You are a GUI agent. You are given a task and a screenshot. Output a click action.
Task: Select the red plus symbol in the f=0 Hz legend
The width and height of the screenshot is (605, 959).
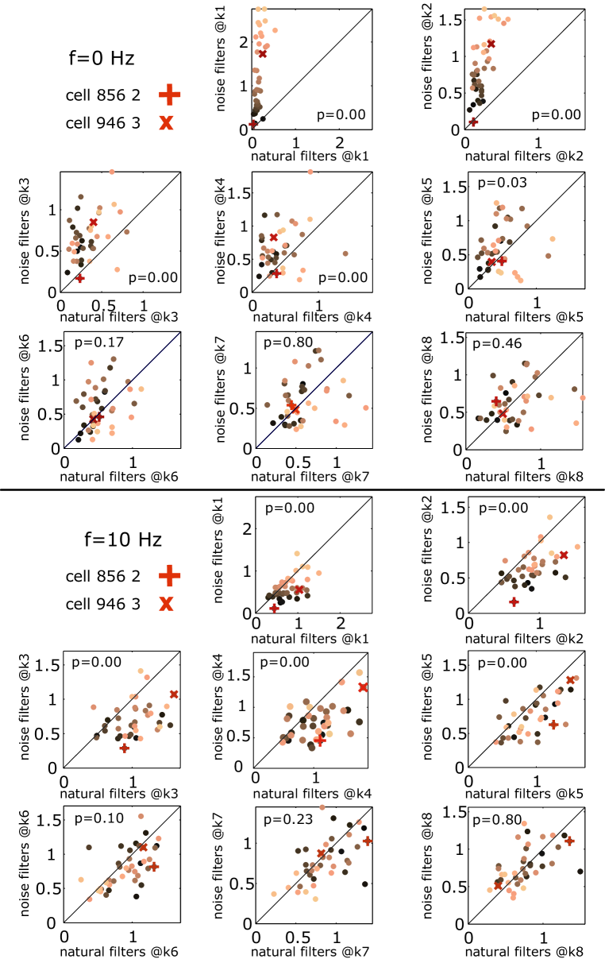(169, 95)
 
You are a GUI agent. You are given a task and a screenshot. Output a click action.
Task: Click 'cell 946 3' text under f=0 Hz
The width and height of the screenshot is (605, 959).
(103, 123)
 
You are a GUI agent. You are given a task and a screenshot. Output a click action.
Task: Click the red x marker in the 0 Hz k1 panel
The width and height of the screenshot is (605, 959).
(262, 53)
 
